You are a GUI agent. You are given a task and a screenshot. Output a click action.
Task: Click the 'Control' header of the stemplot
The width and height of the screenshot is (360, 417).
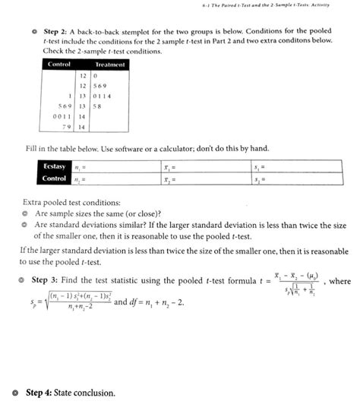58,65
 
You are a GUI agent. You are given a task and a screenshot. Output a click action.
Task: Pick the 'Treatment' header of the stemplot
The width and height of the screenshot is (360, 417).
108,65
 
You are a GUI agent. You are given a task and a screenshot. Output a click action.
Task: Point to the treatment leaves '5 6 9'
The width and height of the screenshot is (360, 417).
102,86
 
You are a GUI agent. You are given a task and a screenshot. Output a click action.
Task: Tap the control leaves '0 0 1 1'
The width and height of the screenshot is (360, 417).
60,117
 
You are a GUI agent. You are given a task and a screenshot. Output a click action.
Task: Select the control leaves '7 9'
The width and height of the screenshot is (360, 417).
66,127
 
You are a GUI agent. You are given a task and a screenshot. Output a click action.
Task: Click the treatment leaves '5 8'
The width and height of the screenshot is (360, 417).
99,106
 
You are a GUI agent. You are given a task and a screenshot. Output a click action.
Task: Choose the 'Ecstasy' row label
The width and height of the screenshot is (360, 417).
53,166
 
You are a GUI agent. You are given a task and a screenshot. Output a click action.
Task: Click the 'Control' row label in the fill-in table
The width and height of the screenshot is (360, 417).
53,178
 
